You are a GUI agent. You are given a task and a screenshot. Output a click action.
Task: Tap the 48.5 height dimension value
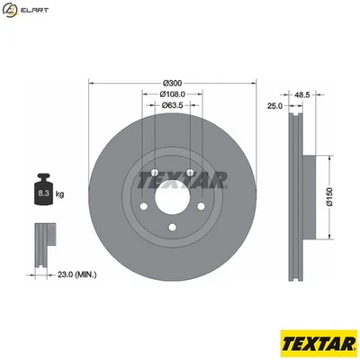click(x=301, y=93)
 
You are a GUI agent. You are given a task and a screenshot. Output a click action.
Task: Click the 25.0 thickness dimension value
click(x=274, y=105)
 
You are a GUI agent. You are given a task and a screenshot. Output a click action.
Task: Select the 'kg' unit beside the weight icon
click(x=60, y=193)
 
